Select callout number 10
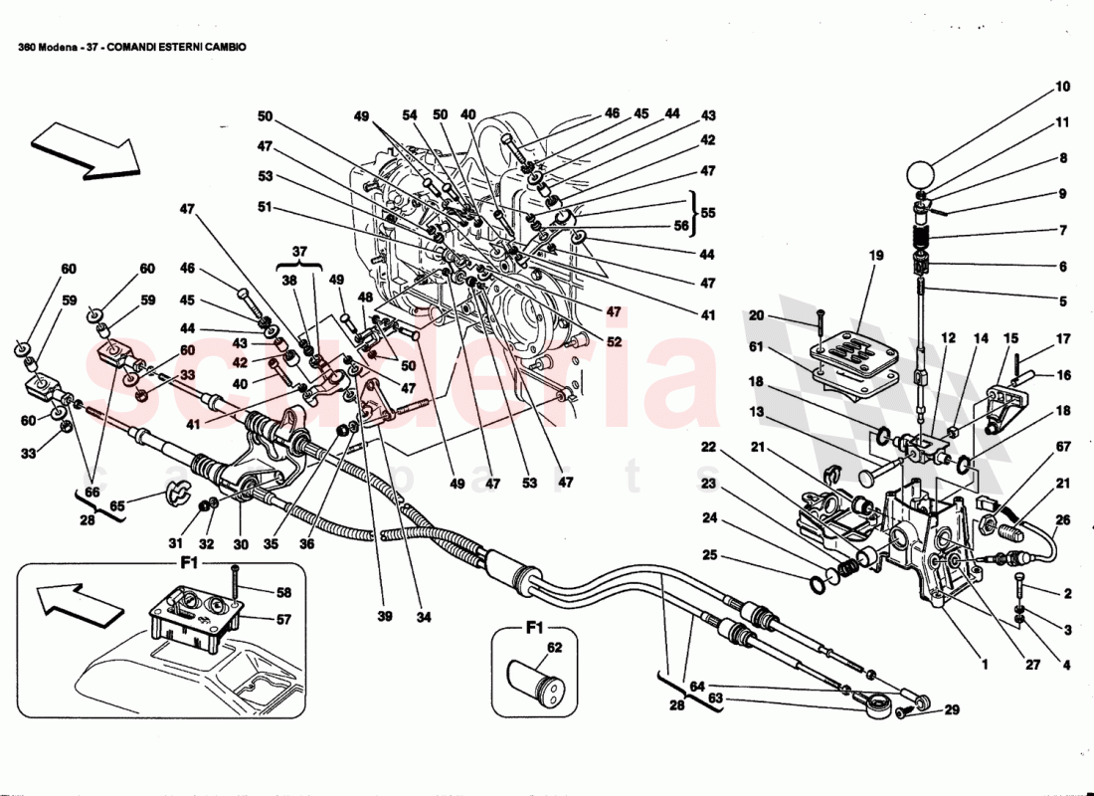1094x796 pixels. pyautogui.click(x=1063, y=87)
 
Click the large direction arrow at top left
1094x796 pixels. pyautogui.click(x=85, y=149)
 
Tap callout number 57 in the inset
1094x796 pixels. pyautogui.click(x=285, y=619)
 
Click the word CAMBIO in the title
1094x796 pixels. pyautogui.click(x=223, y=46)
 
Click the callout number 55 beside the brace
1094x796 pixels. pyautogui.click(x=707, y=212)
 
